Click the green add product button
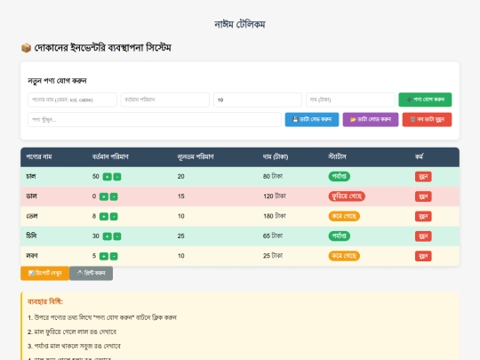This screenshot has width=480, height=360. point(425,100)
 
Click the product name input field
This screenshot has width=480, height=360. point(73,100)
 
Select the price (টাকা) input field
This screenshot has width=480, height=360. point(350,100)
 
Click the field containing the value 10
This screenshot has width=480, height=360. point(258,100)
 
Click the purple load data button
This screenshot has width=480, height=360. point(370,119)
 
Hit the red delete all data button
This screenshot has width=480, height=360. point(427,119)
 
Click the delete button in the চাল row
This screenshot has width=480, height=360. point(422,177)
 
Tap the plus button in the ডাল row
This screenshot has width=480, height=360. point(104,196)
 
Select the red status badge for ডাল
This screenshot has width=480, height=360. point(343,196)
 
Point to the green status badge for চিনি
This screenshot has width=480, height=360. point(341,236)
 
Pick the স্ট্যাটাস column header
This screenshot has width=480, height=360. point(340,156)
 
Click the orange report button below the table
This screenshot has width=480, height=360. point(44,273)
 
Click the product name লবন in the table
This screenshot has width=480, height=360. point(32,256)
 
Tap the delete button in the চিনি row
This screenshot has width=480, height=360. point(422,236)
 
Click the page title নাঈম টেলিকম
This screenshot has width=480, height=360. point(240,23)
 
